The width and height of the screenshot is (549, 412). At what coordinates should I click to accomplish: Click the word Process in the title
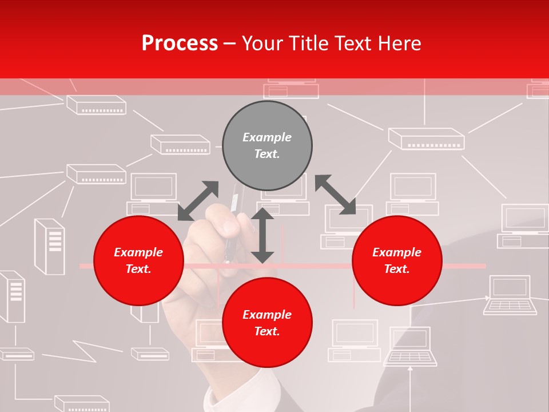180,43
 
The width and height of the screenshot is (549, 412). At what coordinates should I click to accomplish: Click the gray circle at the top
267,145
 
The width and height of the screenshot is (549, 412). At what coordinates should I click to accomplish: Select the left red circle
138,261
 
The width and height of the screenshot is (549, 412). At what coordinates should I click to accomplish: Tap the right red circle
397,261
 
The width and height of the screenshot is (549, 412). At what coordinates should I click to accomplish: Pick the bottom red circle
267,323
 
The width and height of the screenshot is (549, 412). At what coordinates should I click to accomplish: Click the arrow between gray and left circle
198,200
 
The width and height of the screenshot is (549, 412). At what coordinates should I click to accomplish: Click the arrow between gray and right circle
335,195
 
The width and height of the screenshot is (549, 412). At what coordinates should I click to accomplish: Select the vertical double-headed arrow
262,235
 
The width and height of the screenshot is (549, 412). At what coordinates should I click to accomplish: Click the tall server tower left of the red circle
50,246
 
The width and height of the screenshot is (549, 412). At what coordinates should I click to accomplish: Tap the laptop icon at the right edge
510,295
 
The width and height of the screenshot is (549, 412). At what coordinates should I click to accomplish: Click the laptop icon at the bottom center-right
410,346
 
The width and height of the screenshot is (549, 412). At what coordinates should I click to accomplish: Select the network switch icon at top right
426,138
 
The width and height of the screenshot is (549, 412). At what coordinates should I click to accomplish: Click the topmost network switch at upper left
96,105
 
